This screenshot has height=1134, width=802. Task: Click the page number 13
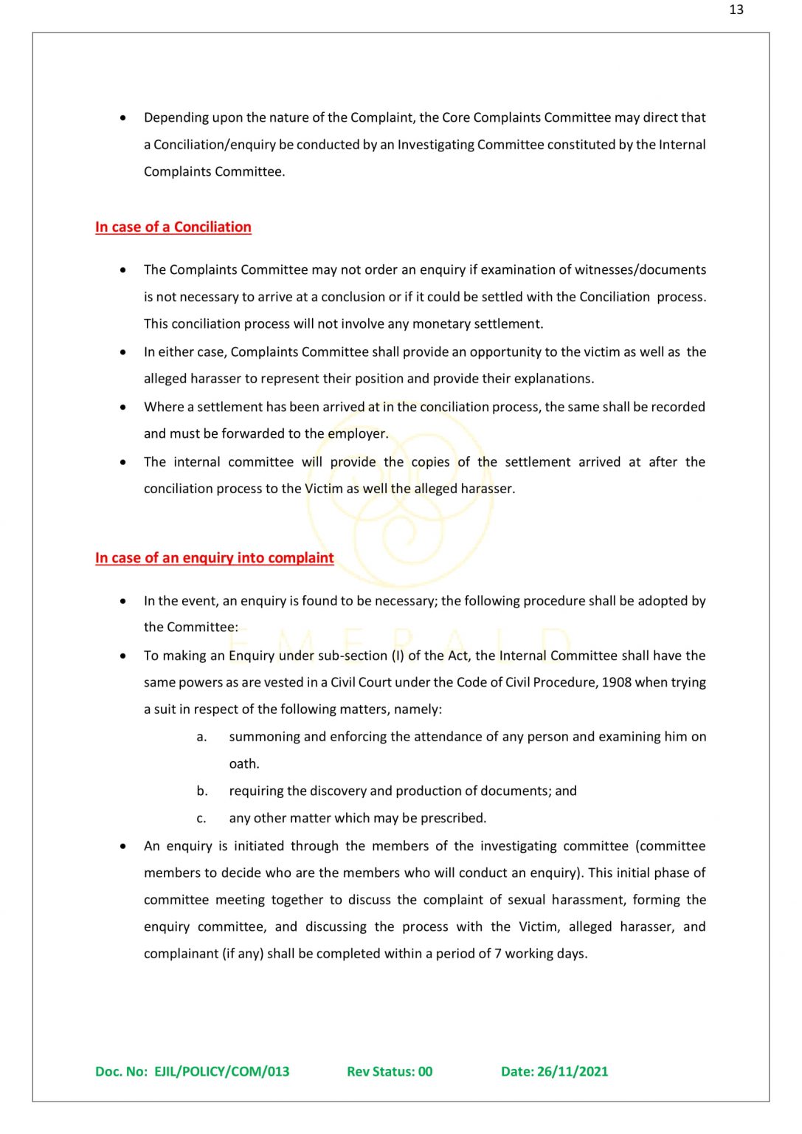736,10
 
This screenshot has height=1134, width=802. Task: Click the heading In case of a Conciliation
173,227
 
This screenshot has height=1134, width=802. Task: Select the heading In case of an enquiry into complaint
214,558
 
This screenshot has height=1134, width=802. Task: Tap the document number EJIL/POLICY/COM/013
221,1071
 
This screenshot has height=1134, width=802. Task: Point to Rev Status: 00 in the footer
390,1071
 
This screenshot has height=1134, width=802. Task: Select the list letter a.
201,737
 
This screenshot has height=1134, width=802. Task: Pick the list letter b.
202,791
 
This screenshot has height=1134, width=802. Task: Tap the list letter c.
201,818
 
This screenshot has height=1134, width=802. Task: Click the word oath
243,764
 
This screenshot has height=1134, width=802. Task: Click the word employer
357,434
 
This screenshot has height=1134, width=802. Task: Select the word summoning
264,737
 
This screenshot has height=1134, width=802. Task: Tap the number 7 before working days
497,954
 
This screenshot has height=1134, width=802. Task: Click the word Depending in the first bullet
176,118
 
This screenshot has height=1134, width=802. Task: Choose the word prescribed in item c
452,818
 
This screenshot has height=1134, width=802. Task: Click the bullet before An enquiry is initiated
123,846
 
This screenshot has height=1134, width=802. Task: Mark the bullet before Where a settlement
123,407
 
